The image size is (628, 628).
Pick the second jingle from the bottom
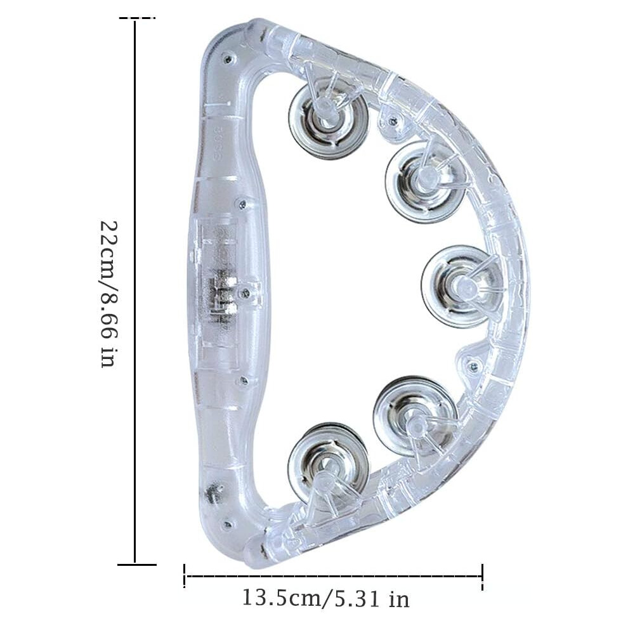[x=415, y=418]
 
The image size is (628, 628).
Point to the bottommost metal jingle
[x=329, y=466]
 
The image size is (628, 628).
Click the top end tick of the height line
[x=136, y=18]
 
